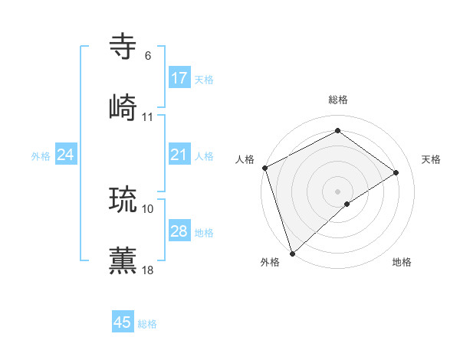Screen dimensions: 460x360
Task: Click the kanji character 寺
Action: point(123,47)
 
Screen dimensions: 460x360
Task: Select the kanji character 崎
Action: point(123,106)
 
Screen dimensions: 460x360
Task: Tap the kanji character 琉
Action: point(123,198)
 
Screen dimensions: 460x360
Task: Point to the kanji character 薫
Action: point(123,259)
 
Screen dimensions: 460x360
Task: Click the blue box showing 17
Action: point(179,78)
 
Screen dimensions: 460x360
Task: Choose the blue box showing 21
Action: point(179,155)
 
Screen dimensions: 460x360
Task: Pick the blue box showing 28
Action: point(179,231)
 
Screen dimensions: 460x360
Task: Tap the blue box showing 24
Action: point(66,155)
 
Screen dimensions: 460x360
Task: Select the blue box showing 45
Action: point(123,322)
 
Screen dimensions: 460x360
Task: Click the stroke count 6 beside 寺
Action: point(147,56)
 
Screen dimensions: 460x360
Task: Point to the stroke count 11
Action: point(148,117)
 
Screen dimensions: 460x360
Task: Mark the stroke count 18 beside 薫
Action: point(148,270)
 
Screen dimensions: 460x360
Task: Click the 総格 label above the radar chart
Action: point(338,100)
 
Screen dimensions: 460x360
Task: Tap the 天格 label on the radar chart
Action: point(432,159)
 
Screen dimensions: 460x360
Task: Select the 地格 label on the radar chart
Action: point(402,262)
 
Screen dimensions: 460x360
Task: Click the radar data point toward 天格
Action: point(396,172)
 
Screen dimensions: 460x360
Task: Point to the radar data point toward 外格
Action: point(292,253)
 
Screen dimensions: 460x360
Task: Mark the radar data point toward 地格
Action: point(347,204)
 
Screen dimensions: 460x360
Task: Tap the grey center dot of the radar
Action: point(337,191)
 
